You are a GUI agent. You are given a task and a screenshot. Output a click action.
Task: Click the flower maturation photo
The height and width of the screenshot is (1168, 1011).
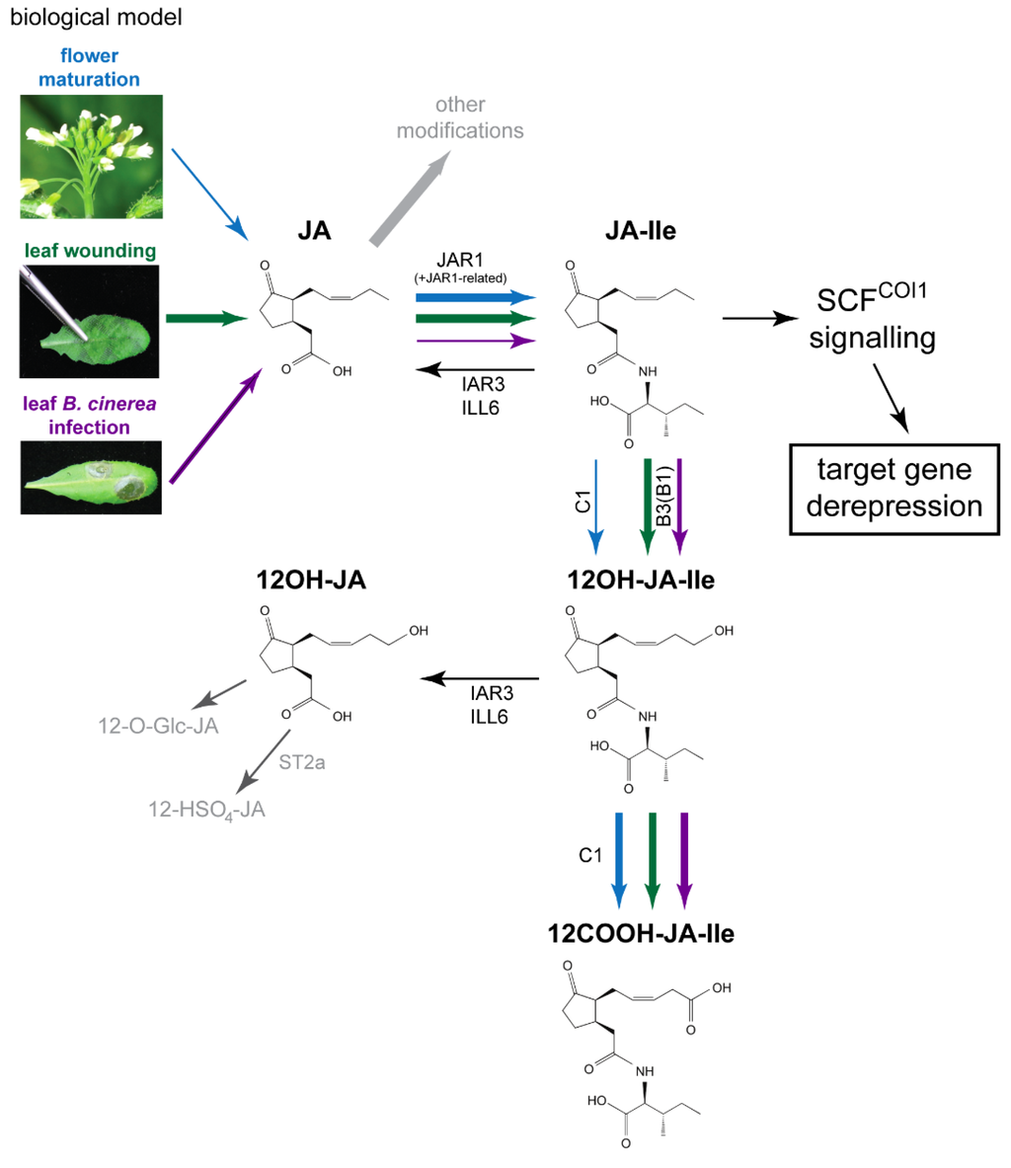click(91, 156)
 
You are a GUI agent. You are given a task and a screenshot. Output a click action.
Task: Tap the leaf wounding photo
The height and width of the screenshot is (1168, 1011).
click(91, 318)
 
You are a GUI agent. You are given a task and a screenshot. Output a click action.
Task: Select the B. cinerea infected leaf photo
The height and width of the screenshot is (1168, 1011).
click(91, 479)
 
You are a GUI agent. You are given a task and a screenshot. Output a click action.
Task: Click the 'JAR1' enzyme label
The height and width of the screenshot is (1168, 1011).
click(474, 260)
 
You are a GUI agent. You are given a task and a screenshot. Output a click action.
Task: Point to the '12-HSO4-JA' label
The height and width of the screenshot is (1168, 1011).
click(203, 811)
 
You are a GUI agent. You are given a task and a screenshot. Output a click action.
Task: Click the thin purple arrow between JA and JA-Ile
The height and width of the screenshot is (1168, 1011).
click(475, 341)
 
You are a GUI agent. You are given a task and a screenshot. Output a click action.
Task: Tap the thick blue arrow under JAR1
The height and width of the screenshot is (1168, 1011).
click(475, 297)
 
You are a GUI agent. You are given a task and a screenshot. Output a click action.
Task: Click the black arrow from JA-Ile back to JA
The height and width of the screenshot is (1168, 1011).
click(475, 370)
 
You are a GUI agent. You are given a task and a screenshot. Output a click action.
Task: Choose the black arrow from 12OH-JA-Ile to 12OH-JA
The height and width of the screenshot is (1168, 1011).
click(480, 679)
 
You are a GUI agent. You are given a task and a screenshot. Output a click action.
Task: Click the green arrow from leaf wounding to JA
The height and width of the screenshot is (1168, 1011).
click(207, 318)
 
